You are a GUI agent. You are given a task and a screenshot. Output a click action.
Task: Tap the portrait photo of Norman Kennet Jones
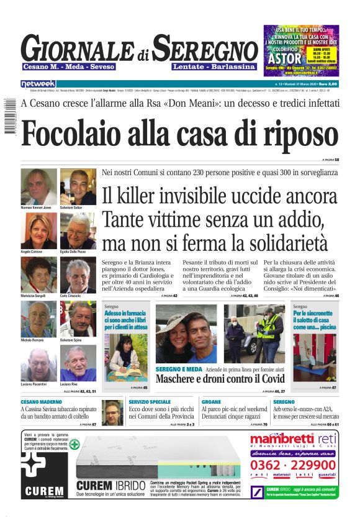click(x=38, y=186)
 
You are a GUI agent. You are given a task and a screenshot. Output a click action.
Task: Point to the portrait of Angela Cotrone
click(x=38, y=230)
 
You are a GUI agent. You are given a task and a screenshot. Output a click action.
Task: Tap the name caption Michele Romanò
click(x=33, y=340)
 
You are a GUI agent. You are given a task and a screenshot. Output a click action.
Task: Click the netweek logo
click(x=38, y=84)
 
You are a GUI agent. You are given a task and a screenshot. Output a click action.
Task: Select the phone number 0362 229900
click(x=293, y=465)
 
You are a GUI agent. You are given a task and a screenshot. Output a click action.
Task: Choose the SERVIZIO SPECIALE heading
click(x=150, y=402)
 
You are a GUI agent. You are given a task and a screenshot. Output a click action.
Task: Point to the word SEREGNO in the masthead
click(x=205, y=49)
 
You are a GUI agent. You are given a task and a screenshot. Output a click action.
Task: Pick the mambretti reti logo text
click(x=292, y=440)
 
